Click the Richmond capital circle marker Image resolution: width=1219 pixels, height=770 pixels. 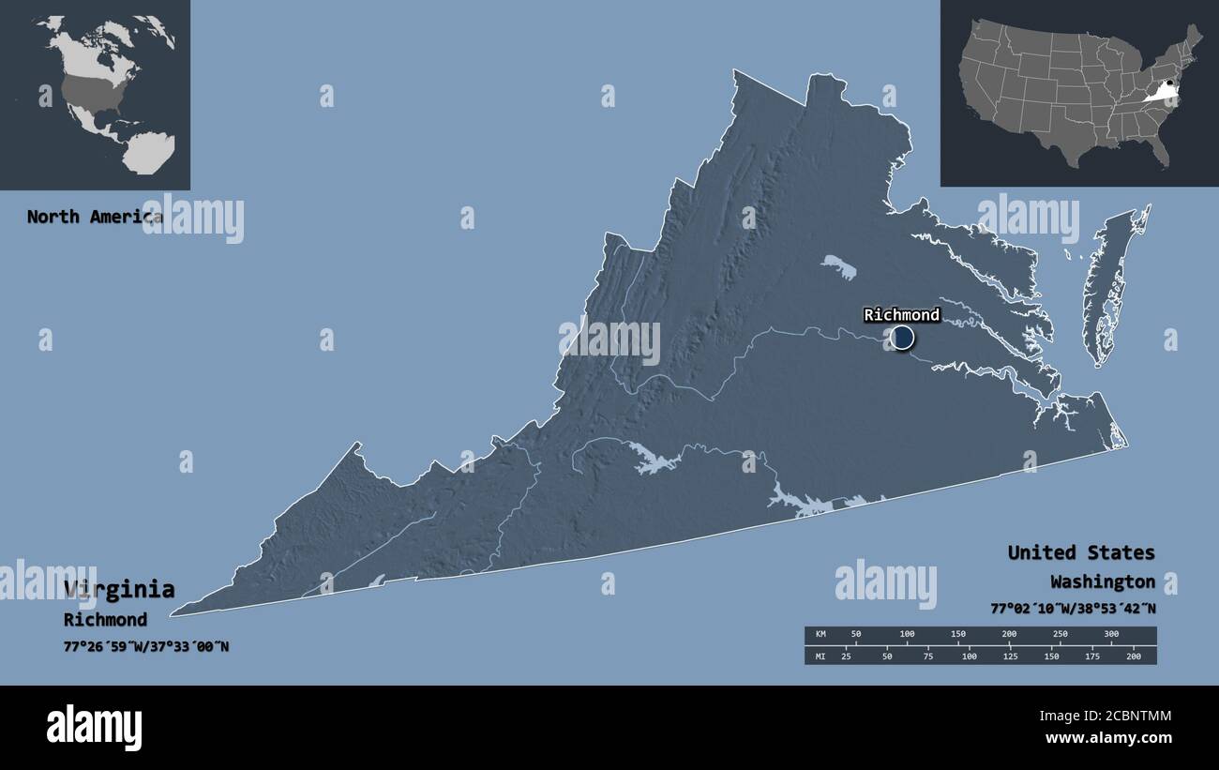pos(902,338)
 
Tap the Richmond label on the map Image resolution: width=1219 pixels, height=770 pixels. pos(901,314)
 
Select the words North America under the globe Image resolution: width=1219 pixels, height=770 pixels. pos(94,217)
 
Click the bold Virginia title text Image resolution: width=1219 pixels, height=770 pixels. pos(119,589)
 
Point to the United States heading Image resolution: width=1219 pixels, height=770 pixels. pos(1081,552)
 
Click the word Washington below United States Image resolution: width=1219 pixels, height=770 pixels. pos(1102,581)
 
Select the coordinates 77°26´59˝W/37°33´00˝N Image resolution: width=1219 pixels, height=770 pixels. pos(146,646)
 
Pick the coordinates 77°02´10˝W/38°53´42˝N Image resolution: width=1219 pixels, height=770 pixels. pos(1073,608)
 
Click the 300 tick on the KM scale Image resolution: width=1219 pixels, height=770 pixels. pos(1111,635)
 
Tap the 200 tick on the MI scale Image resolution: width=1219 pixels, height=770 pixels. pos(1133,656)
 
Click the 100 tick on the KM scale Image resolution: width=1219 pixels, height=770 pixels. pos(907,635)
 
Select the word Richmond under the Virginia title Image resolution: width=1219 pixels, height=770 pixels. pos(105,619)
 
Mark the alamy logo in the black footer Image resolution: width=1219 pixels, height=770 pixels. pos(95,727)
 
